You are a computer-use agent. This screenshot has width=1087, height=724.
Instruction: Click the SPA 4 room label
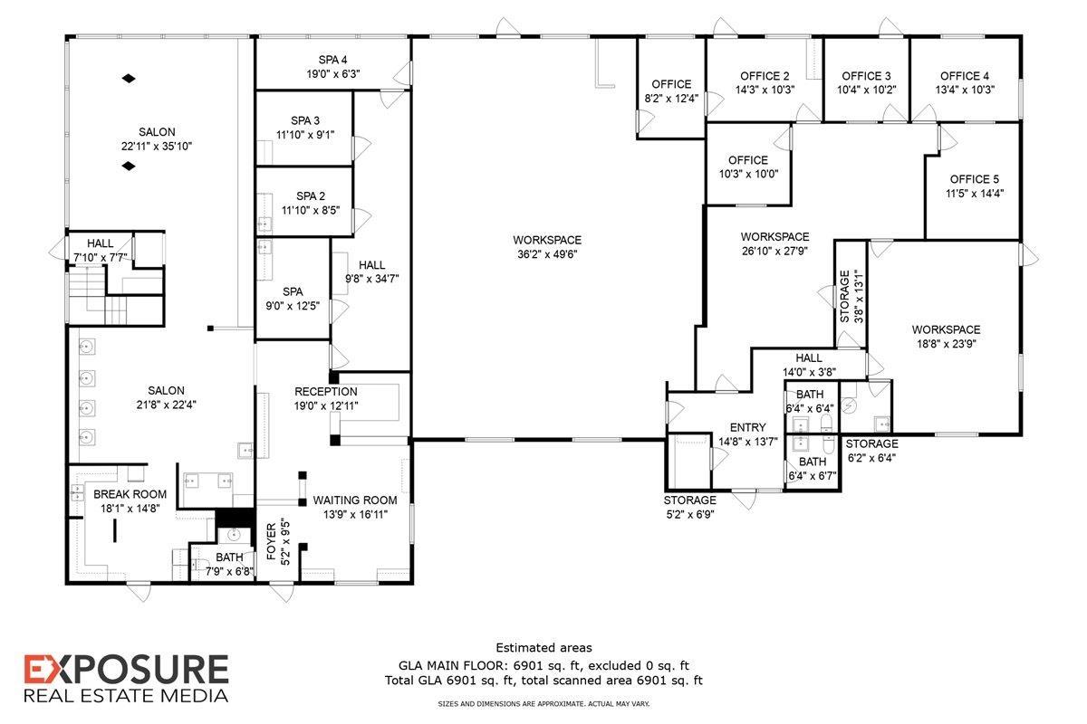click(333, 60)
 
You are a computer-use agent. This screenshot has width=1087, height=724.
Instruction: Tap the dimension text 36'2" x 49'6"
click(547, 254)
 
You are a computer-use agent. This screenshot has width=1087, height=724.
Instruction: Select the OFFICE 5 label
click(975, 179)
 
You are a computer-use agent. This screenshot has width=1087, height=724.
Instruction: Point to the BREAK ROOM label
click(130, 494)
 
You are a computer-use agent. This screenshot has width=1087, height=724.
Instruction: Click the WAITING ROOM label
click(355, 500)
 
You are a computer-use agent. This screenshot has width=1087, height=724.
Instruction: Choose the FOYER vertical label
click(271, 541)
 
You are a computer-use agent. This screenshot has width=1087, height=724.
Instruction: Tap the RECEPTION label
click(326, 391)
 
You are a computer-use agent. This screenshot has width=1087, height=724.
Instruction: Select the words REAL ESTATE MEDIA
click(126, 696)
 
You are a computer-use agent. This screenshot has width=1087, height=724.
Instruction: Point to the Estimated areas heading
click(544, 647)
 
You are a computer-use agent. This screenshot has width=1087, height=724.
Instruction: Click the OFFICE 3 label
click(866, 76)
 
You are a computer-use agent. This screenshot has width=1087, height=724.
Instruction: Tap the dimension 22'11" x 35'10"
click(157, 146)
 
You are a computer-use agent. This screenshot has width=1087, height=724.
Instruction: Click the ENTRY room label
click(748, 427)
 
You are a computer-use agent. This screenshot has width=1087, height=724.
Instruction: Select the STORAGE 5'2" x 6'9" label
click(690, 507)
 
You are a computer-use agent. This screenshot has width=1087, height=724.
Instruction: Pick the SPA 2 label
click(311, 195)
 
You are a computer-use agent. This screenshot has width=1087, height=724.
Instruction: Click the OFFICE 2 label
click(765, 76)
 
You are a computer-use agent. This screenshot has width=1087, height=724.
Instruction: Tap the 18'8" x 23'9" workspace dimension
click(947, 344)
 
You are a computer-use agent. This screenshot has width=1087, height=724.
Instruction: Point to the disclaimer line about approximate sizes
click(543, 703)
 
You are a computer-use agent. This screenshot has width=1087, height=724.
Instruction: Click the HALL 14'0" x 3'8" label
click(809, 365)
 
